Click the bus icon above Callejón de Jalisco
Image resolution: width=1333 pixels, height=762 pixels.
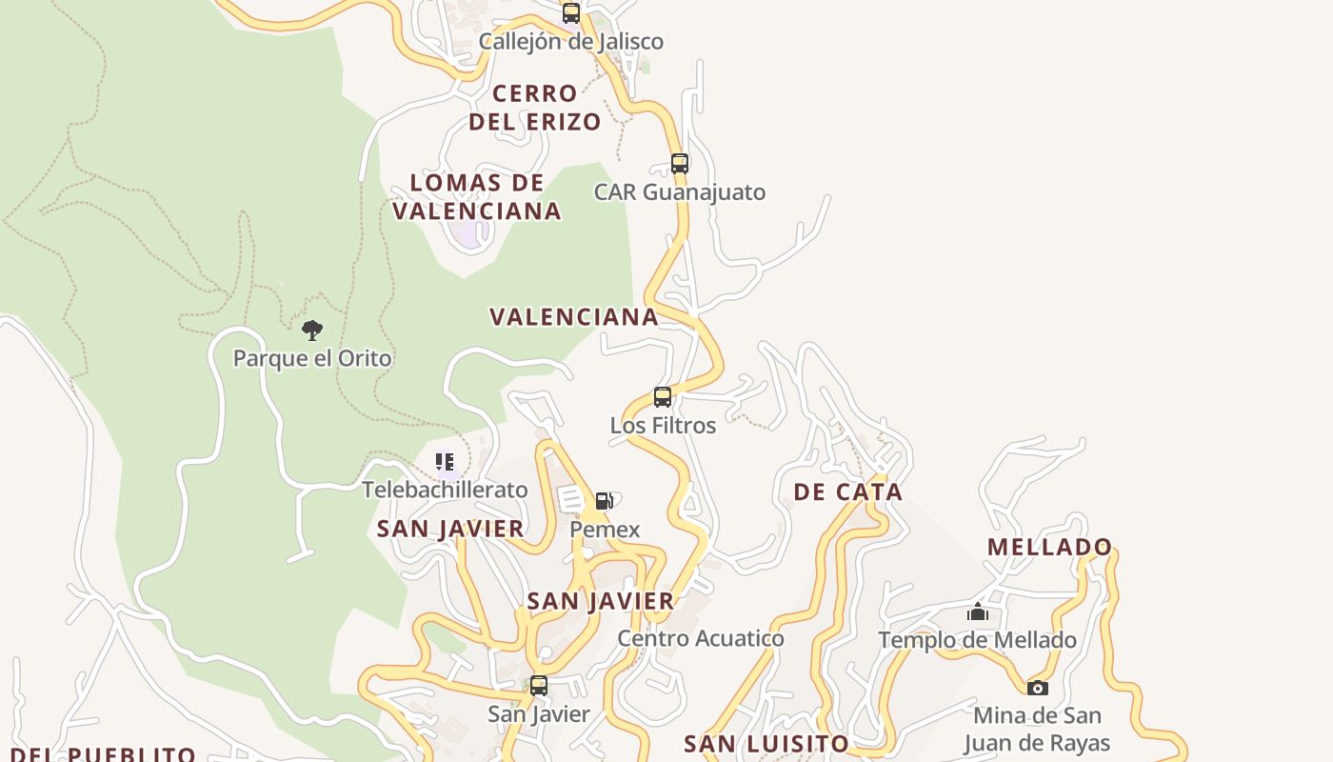point(571,13)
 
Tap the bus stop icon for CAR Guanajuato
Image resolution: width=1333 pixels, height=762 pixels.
point(680,163)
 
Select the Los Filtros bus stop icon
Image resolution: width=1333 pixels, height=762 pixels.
point(663,397)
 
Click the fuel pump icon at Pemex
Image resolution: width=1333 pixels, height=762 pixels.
point(604,501)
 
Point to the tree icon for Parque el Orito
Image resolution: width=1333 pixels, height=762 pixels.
point(312,331)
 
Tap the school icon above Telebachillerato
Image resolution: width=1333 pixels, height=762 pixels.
point(445,462)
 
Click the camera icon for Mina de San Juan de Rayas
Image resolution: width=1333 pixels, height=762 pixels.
point(1038,688)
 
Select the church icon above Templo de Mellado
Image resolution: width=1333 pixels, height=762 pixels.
point(978,612)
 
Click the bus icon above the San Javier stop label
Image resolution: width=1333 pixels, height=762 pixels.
point(539,686)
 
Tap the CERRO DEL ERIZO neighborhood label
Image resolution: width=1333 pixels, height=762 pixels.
point(535,108)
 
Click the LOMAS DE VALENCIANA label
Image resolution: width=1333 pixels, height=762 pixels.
point(477,197)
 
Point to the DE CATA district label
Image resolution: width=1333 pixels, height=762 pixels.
point(847,492)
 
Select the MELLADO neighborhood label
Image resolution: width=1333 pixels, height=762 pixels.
point(1050,547)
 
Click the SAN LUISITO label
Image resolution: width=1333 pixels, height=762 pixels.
point(766,744)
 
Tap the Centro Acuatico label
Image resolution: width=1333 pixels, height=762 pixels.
point(701,638)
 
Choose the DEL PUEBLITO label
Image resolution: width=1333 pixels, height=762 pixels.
point(99,754)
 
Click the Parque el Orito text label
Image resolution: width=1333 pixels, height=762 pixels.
point(312,359)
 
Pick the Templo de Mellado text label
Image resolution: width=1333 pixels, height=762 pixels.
point(978,640)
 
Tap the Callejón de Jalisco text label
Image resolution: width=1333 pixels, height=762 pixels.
point(571,42)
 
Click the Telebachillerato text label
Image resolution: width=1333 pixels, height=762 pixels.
point(445,490)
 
